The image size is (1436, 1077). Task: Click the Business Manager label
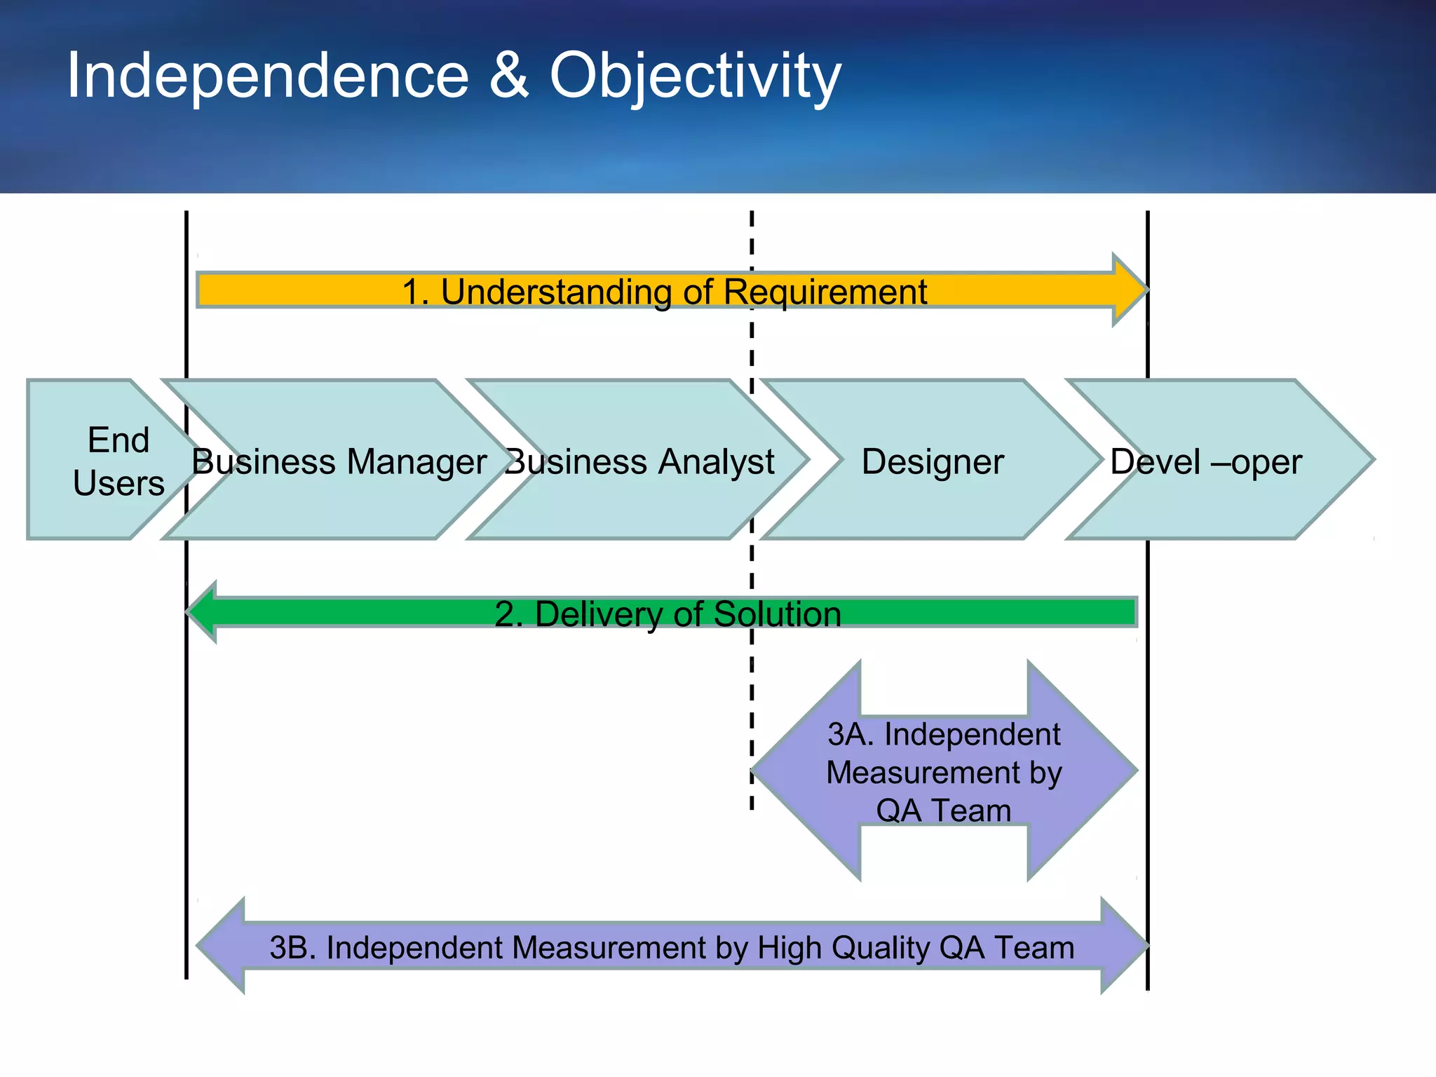coord(339,462)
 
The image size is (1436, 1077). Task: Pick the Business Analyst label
coord(639,462)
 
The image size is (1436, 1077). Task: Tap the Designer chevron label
coord(933,462)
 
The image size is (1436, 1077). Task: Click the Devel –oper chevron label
coord(1205,462)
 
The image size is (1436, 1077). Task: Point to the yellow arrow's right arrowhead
coord(1129,290)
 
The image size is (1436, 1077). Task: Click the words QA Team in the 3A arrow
coord(943,811)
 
